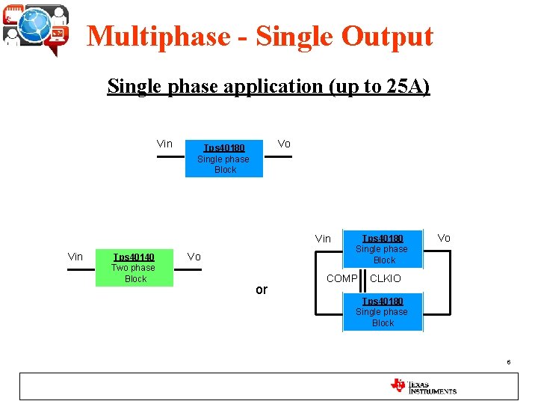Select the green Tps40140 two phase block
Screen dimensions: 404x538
click(134, 268)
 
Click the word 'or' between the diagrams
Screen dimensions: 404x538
click(261, 290)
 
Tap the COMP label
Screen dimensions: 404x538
click(341, 278)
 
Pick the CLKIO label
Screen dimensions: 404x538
click(386, 278)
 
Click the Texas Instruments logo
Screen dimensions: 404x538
click(423, 386)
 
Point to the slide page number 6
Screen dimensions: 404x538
click(508, 362)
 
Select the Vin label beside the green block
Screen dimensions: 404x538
click(75, 257)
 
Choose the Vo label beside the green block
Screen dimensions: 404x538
click(194, 257)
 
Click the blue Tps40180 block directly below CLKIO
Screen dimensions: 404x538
click(383, 312)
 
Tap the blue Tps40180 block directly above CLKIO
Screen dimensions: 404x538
click(383, 248)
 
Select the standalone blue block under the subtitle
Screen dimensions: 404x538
click(224, 159)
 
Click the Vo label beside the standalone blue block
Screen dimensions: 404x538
click(284, 144)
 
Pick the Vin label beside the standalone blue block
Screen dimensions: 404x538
click(164, 144)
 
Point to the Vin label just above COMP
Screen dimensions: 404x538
click(323, 239)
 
